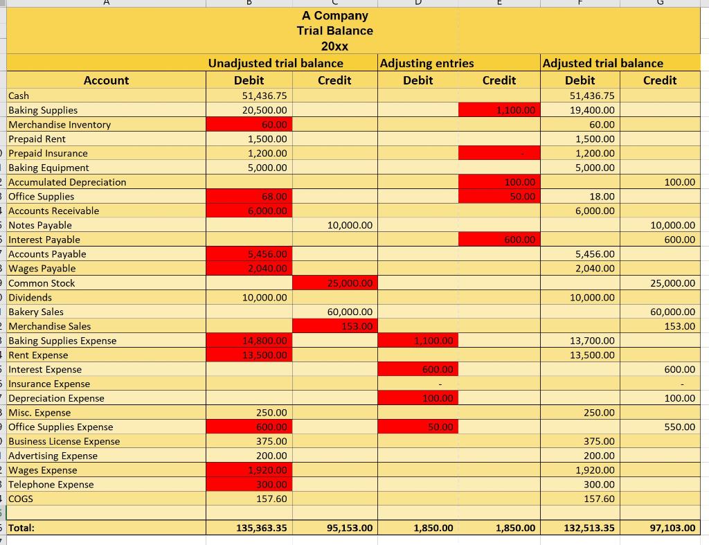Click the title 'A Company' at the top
coord(334,15)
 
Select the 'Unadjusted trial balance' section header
coord(276,63)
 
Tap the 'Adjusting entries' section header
coord(427,63)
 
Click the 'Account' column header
coord(106,80)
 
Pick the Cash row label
coord(19,96)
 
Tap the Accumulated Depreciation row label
coord(67,182)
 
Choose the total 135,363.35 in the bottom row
coord(261,528)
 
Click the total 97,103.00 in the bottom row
coord(672,528)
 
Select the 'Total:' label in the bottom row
coord(21,528)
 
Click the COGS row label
coord(21,499)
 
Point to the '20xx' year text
coord(334,46)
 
